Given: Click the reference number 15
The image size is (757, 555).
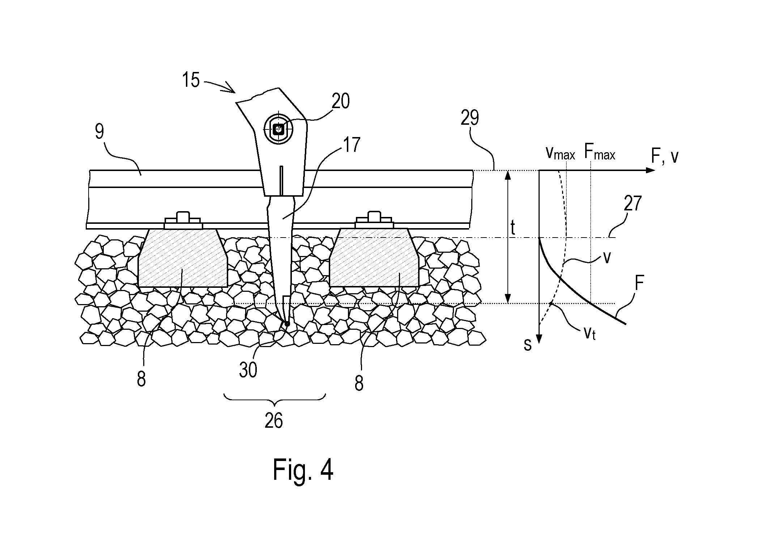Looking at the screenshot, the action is point(191,80).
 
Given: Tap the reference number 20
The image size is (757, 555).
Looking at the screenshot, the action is point(341,101).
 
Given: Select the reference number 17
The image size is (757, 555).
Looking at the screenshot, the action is point(352,145).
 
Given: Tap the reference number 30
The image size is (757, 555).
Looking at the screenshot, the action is point(248,370).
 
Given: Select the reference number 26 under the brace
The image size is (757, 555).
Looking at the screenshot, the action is point(273,420).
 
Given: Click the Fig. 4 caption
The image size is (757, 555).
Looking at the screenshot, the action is point(303,469).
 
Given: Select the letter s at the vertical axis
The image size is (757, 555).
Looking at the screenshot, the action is point(528,345).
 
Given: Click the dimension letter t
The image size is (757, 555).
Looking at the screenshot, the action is point(513,229).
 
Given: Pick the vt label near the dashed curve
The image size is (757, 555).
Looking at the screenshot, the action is point(590,333).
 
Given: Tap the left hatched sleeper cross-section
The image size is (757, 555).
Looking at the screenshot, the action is point(183,258).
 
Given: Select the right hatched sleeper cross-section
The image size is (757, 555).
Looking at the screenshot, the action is point(374,258).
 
